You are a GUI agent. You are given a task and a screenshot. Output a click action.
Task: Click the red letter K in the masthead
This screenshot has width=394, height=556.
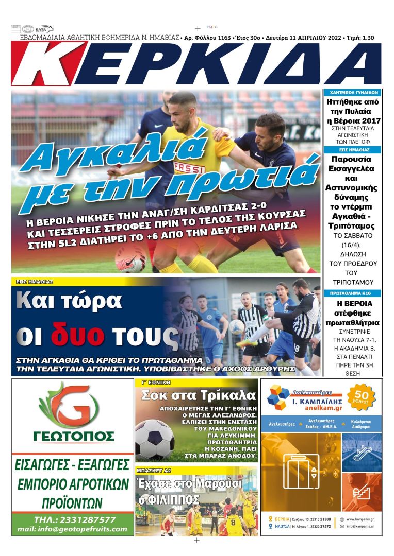click(49, 63)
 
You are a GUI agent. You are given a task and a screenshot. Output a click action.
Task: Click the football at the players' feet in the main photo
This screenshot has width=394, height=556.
click(130, 257)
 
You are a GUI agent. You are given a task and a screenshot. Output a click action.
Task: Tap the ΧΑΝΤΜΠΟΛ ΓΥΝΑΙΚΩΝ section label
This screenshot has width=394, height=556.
click(352, 93)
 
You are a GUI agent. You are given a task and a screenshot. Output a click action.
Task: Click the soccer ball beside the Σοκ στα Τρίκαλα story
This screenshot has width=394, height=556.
click(154, 439)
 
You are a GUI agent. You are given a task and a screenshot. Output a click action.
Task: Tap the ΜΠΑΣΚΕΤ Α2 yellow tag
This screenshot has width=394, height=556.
click(151, 470)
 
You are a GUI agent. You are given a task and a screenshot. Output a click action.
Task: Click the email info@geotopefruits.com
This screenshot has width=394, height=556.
click(72, 529)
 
